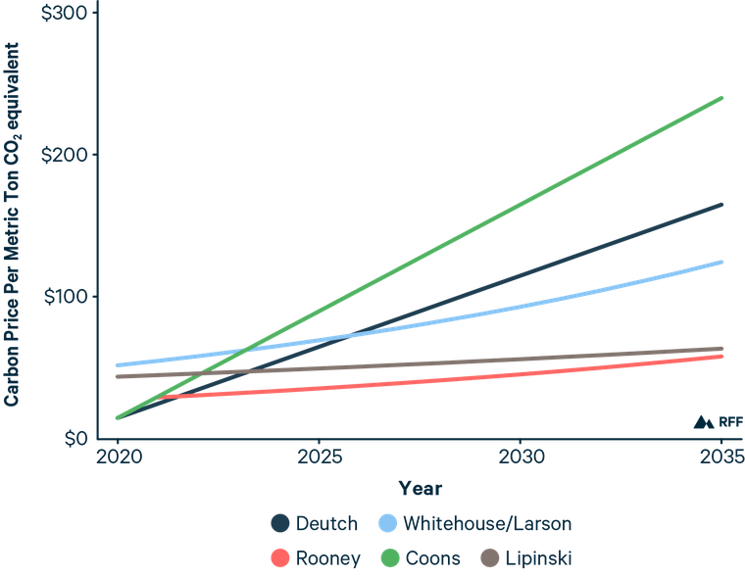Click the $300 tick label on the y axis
(67, 13)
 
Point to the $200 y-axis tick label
(67, 155)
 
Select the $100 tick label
(67, 296)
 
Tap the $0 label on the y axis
(74, 438)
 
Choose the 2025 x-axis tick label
(319, 458)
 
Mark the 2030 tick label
(520, 458)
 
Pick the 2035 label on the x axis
(720, 458)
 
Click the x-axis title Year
(420, 488)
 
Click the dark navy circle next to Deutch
(281, 523)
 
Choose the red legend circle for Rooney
(281, 558)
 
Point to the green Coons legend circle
(387, 558)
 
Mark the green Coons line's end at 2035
(722, 97)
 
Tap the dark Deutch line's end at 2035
(722, 204)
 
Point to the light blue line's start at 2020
(117, 365)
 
